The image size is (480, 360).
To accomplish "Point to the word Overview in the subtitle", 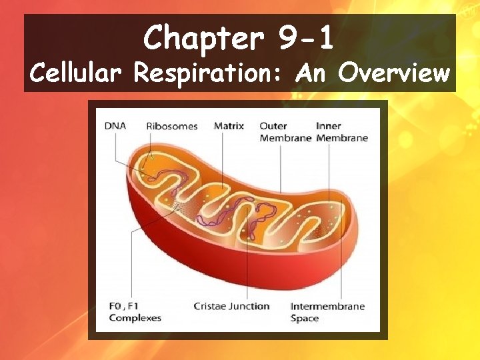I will click(x=393, y=73).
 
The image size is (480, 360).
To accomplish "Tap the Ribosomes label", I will click(x=172, y=125).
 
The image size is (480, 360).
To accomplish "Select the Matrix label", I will click(x=229, y=125).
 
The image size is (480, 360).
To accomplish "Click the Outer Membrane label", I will click(x=285, y=131).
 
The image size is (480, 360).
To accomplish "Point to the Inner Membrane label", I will click(x=341, y=131).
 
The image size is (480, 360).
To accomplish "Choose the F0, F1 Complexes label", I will click(x=135, y=312).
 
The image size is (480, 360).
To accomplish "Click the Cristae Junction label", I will click(x=231, y=307).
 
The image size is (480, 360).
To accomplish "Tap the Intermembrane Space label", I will click(x=327, y=312).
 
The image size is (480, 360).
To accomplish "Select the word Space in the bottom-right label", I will click(x=305, y=318).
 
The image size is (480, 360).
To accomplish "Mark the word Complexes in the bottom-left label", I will click(x=135, y=318).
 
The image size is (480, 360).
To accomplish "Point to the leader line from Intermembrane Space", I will click(x=341, y=267).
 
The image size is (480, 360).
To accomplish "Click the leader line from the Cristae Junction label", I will click(x=247, y=273).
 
